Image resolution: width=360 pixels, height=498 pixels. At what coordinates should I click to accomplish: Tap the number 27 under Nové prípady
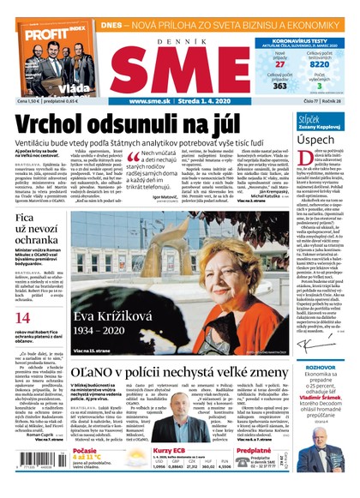pos(279,63)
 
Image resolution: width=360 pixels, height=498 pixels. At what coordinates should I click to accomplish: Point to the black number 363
pos(279,86)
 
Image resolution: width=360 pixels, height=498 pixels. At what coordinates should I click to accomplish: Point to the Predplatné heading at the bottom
pos(255,448)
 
